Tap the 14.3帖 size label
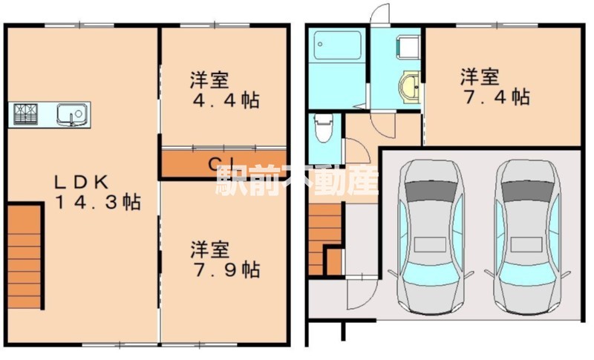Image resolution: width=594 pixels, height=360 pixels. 98,201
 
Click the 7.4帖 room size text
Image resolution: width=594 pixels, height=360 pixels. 493,96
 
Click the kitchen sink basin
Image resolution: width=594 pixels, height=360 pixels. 72,114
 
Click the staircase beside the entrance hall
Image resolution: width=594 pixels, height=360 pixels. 322,238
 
